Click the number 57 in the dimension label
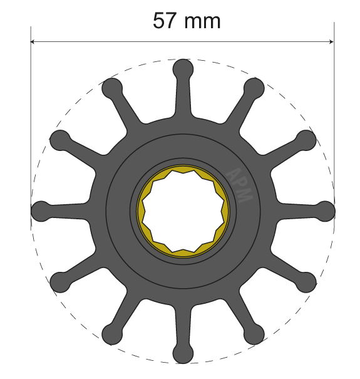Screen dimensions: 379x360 (165, 21)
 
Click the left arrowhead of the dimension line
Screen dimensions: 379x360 (34, 42)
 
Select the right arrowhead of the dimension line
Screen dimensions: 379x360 (330, 42)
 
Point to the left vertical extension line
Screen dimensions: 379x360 (31, 125)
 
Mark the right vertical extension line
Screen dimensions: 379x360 (334, 125)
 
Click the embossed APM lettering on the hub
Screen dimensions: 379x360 (239, 185)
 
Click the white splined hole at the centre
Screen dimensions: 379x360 (183, 210)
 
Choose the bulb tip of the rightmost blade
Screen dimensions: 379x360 (326, 210)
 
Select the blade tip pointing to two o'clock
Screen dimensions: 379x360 (306, 140)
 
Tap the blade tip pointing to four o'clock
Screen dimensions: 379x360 (306, 282)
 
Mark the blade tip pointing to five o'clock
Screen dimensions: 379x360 (254, 334)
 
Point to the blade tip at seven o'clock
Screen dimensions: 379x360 (111, 334)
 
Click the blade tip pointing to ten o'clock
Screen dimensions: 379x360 (59, 140)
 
